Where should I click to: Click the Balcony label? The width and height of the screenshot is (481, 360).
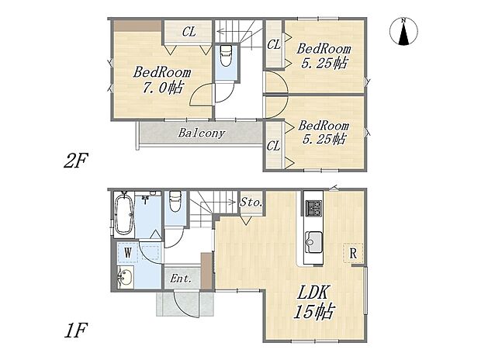(202, 133)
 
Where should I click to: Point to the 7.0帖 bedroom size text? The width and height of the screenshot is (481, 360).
(158, 88)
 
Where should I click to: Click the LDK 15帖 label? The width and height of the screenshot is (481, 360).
(314, 303)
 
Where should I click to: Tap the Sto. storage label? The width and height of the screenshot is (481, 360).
(251, 202)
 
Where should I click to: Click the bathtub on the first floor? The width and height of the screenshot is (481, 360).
(124, 215)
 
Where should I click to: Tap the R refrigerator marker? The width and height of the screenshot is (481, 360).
(353, 252)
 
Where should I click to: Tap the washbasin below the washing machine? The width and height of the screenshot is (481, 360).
(124, 279)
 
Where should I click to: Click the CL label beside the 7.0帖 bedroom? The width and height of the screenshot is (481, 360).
(189, 33)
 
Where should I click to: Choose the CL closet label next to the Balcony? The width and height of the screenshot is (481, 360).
(273, 145)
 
